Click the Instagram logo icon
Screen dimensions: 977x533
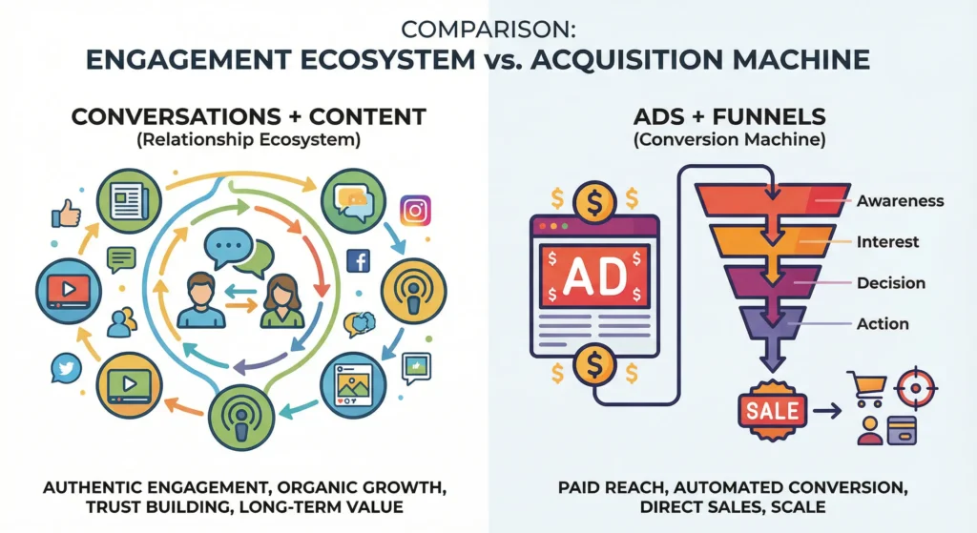pos(415,211)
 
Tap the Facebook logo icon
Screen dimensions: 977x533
pos(359,261)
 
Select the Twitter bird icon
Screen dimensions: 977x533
pos(66,368)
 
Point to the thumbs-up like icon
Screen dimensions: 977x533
pos(66,214)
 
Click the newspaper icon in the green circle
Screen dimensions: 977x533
pos(129,201)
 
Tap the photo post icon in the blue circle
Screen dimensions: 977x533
pos(353,385)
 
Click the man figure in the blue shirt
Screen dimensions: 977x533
pos(201,300)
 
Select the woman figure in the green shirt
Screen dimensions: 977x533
pos(282,301)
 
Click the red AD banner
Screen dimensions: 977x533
pos(594,276)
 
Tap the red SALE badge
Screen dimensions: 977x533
pos(773,410)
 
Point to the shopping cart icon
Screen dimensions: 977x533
pos(866,388)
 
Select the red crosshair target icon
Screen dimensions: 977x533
pos(915,388)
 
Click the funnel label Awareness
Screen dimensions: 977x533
pos(900,201)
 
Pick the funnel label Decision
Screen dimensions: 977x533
pos(891,282)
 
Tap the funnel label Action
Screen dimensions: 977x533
pos(883,324)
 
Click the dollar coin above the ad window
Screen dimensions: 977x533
pos(594,202)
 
